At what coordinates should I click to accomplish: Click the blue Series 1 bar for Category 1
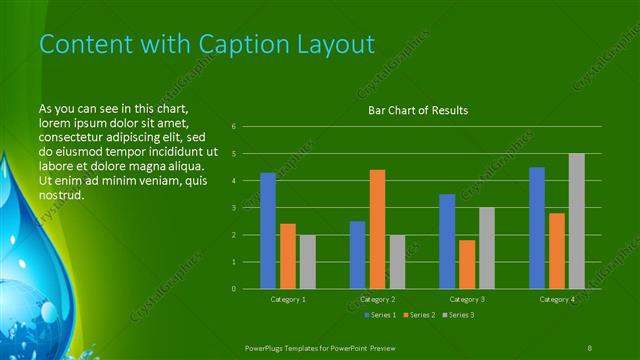[x=267, y=231]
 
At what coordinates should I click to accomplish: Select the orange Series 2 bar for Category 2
[x=377, y=229]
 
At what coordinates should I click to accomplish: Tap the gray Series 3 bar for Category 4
[x=577, y=221]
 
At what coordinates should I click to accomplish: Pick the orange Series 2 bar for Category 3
[x=467, y=264]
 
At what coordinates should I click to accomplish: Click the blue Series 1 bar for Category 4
[x=537, y=228]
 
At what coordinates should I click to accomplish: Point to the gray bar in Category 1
[x=307, y=262]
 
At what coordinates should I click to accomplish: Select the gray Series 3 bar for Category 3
[x=486, y=248]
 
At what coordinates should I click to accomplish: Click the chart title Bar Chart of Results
[x=418, y=110]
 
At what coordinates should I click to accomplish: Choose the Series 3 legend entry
[x=457, y=315]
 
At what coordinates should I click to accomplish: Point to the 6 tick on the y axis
[x=233, y=127]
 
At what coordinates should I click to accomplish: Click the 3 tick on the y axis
[x=233, y=208]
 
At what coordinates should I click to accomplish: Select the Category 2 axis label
[x=377, y=299]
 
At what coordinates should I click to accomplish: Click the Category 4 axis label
[x=557, y=299]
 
